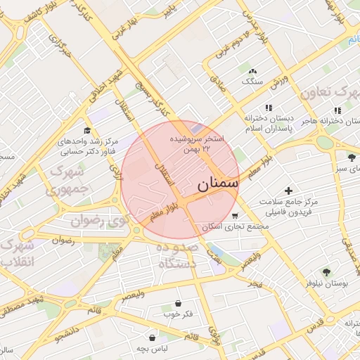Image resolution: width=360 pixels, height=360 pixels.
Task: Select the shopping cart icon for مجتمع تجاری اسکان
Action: point(234,216)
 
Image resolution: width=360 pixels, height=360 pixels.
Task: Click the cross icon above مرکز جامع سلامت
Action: point(288,191)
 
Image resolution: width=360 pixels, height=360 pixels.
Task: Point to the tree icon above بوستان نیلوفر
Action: point(326,271)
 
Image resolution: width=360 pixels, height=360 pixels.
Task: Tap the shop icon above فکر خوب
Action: point(178,303)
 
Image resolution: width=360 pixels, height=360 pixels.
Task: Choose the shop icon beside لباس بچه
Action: point(152,338)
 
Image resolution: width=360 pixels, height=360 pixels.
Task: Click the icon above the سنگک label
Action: point(252,71)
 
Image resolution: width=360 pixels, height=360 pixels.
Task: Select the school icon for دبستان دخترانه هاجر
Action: point(338,110)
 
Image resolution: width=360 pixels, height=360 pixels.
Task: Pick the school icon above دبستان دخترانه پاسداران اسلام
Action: point(268,108)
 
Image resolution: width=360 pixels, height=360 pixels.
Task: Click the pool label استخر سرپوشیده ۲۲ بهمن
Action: point(201,144)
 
